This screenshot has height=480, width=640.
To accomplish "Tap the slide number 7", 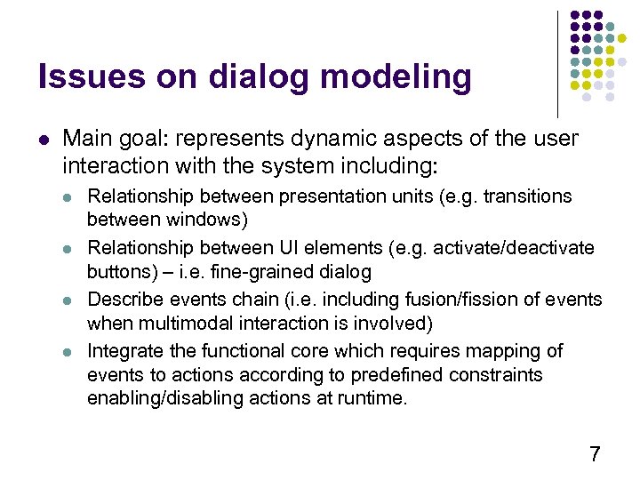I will click(x=595, y=455).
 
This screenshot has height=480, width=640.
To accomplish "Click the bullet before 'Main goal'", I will click(x=44, y=140).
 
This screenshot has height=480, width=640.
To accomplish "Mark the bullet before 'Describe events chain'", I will click(x=71, y=300).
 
